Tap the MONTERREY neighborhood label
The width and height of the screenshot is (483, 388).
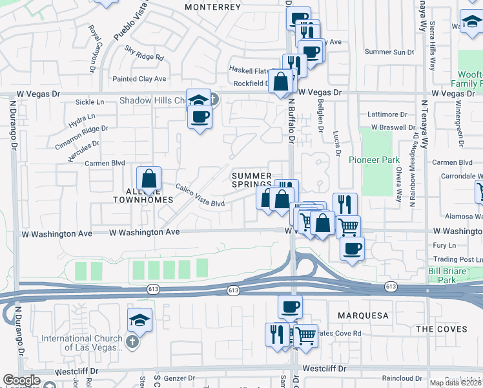212,7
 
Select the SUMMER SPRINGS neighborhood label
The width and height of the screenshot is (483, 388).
251,180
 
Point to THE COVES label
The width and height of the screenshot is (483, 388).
441,329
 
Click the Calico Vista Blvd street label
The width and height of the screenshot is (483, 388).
200,195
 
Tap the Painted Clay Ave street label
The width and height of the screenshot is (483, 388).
139,79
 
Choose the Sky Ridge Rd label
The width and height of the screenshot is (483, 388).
145,53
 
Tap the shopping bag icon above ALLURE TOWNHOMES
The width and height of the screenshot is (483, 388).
149,178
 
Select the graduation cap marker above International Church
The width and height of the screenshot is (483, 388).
139,320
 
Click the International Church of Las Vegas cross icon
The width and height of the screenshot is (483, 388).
132,341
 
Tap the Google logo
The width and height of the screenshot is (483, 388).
21,380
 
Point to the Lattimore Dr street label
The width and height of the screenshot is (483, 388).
387,114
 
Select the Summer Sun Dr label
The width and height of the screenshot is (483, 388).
389,52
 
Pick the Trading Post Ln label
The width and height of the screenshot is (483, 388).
453,259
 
